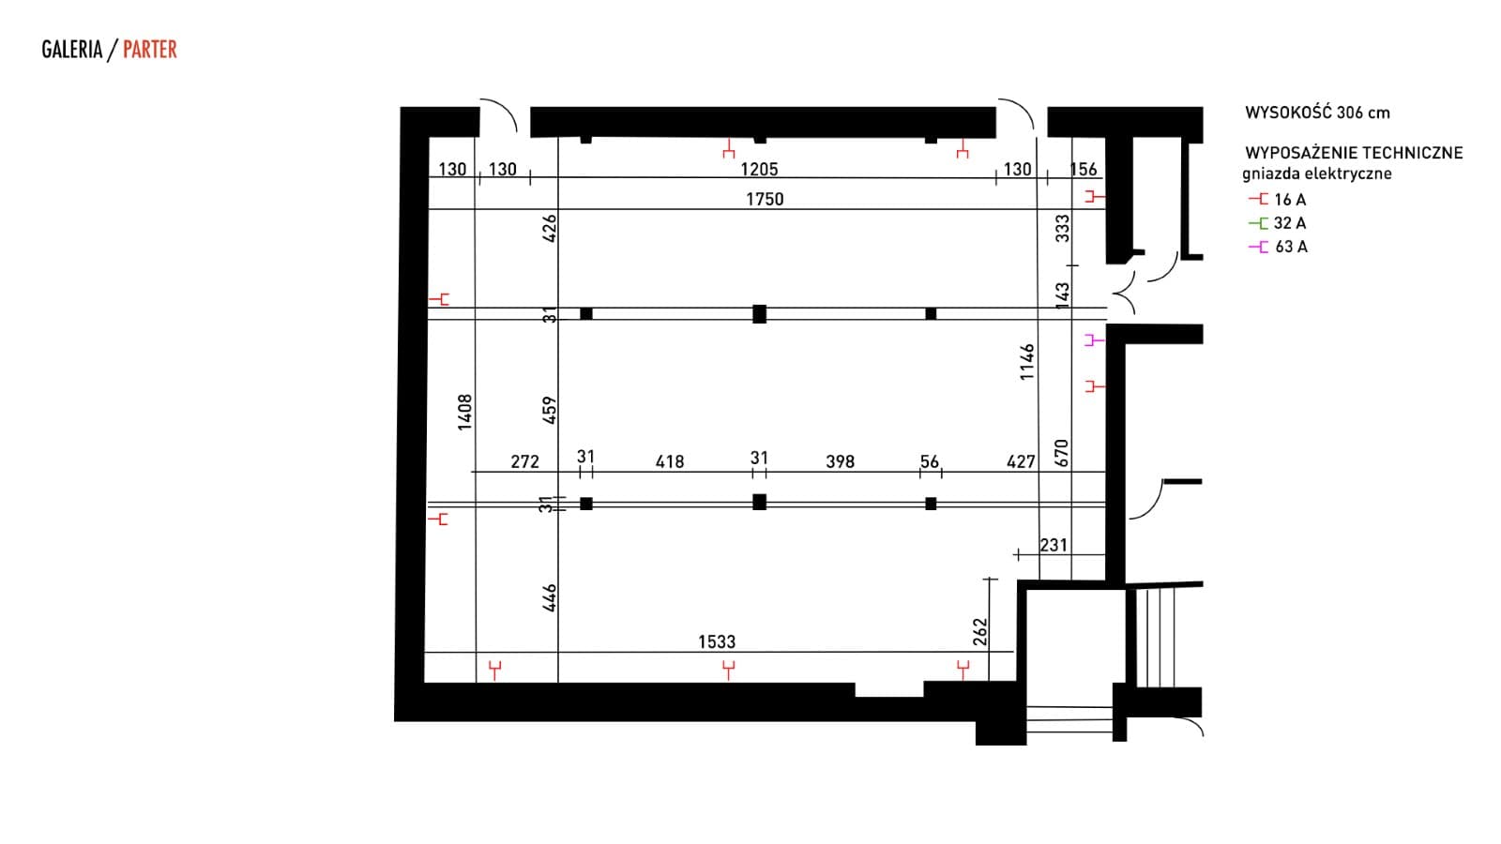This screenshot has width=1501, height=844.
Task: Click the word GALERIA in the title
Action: point(71,50)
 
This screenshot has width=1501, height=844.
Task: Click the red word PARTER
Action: point(150,50)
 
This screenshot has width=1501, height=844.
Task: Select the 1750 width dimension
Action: point(765,199)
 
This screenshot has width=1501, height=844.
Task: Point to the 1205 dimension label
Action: point(759,169)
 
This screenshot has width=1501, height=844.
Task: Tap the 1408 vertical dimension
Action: point(464,412)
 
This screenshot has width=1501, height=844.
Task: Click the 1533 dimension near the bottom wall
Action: point(717,641)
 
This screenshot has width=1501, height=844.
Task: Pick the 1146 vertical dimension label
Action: point(1026,362)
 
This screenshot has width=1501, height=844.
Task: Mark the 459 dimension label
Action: point(549,410)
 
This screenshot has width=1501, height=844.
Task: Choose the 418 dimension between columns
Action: point(670,461)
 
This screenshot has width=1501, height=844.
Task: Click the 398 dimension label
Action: point(841,461)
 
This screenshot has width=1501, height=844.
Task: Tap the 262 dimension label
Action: point(979,632)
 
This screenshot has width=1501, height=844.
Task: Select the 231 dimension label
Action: point(1054,545)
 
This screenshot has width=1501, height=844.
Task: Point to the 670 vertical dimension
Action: point(1061,454)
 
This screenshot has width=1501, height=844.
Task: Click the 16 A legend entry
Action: point(1277,200)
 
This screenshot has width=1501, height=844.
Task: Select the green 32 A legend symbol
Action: point(1258,223)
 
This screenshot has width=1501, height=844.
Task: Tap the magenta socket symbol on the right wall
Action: point(1094,340)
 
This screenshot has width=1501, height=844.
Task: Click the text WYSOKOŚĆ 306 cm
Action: point(1317,113)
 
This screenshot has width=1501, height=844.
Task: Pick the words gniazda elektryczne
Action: point(1317,174)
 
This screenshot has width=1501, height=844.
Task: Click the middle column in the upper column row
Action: point(759,313)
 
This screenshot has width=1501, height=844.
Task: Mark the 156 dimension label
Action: point(1084,169)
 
